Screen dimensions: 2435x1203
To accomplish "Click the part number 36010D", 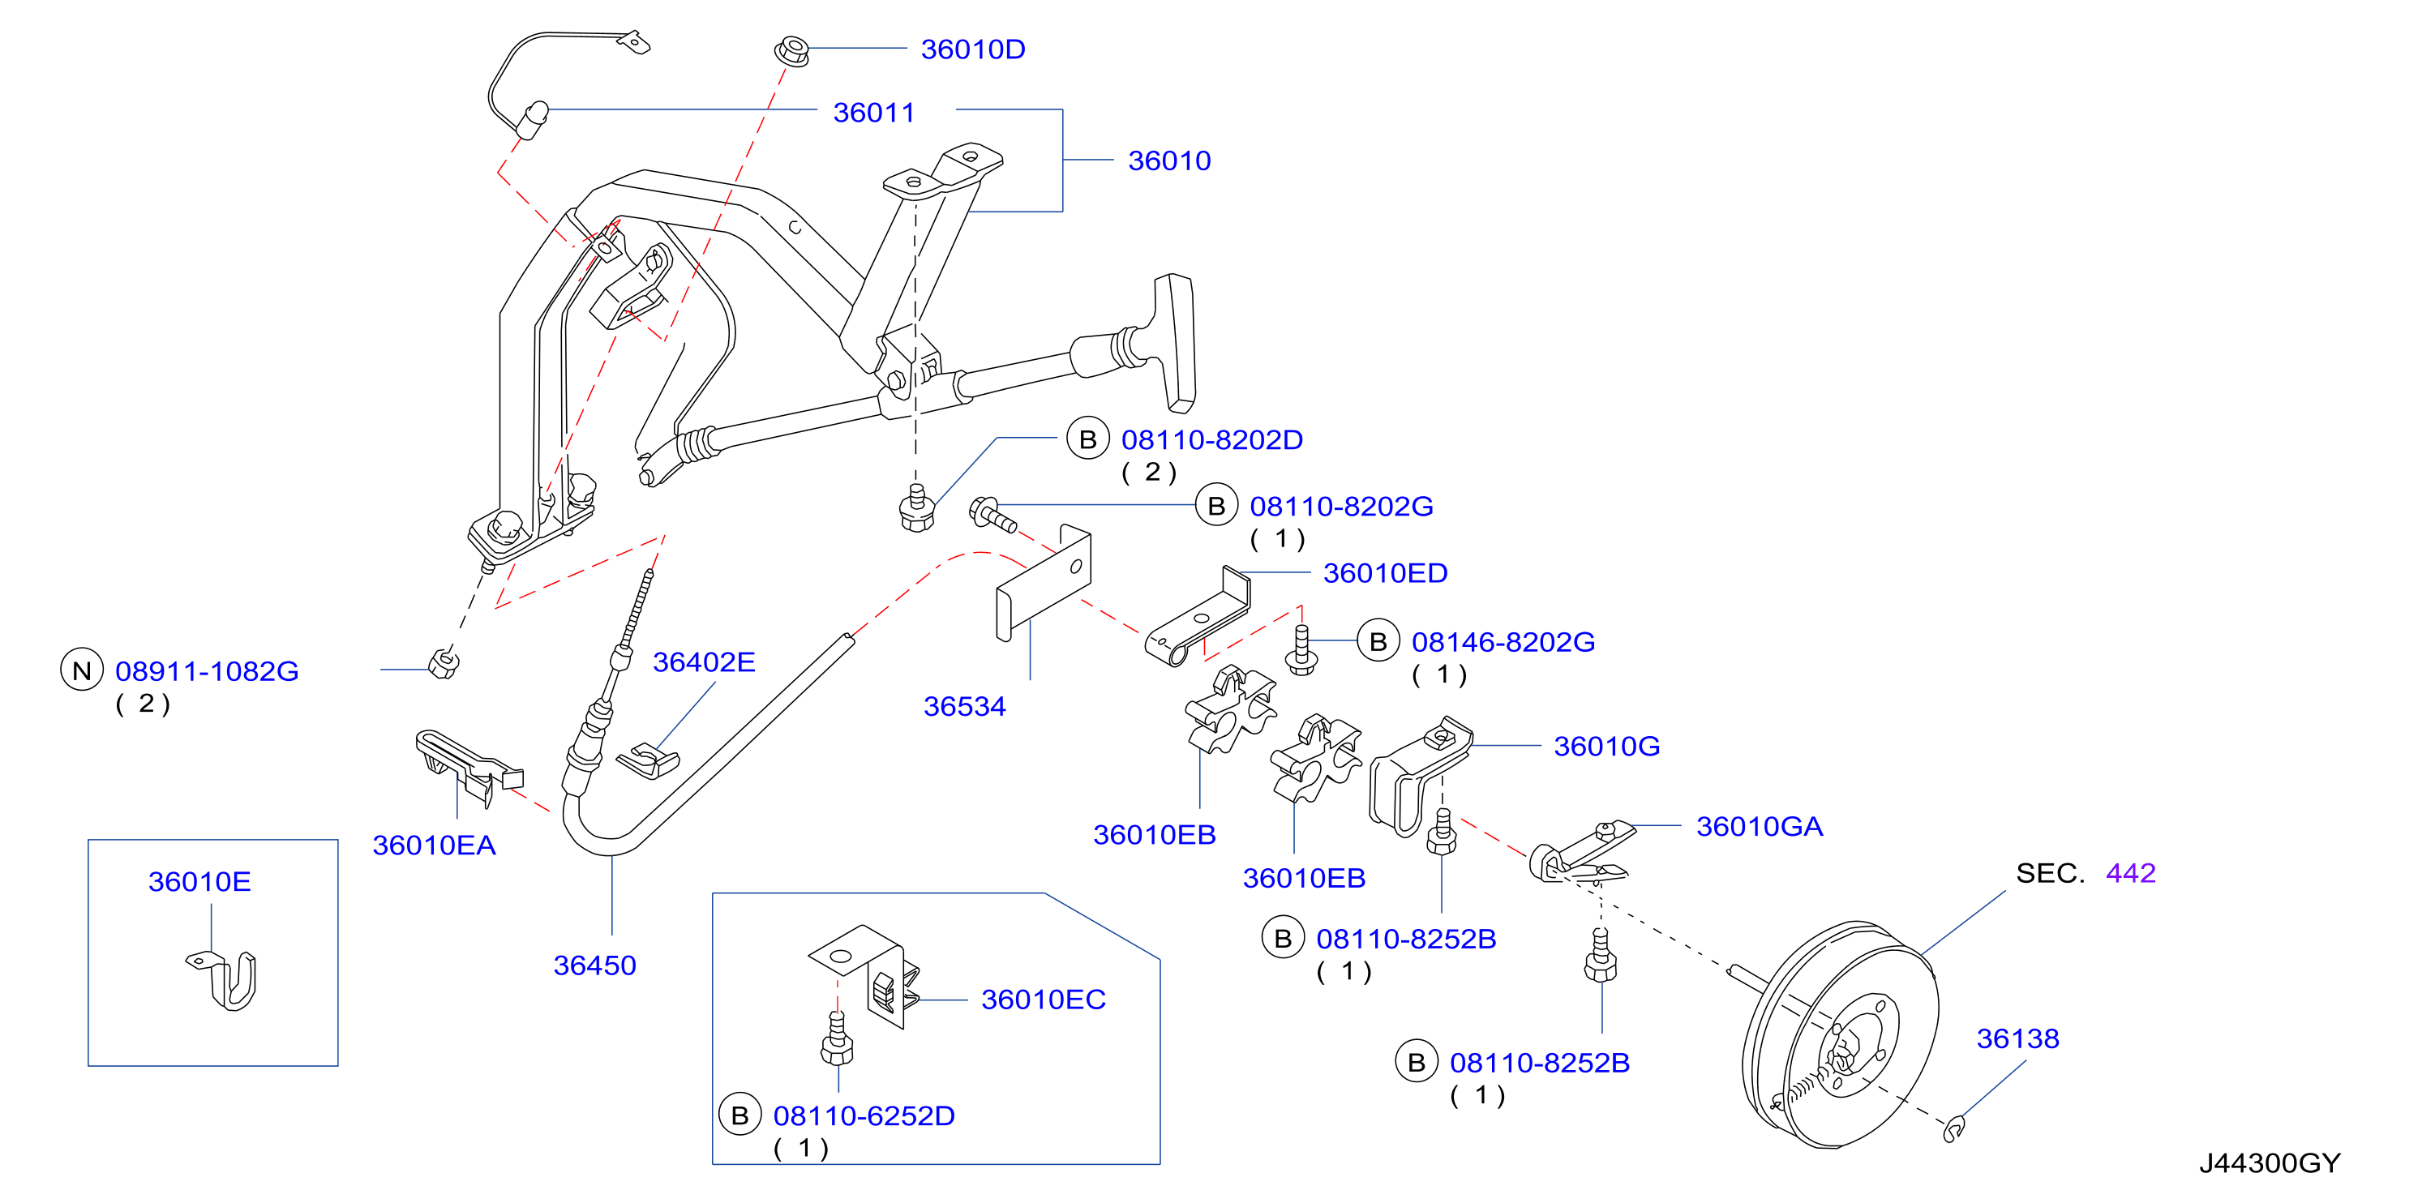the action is [x=973, y=49].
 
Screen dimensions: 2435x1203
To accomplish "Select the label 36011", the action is [x=873, y=113].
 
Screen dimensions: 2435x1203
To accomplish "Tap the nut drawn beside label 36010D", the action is [x=792, y=49].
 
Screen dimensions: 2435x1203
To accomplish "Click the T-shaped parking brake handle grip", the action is [x=1174, y=343].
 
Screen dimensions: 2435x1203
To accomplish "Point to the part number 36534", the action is [x=964, y=706].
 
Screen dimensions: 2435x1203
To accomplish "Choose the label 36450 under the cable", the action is [x=594, y=965].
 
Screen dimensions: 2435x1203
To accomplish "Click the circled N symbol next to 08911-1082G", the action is [x=82, y=670].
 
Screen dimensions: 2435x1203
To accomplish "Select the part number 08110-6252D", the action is [x=864, y=1115].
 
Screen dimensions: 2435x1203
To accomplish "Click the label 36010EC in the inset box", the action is [x=1044, y=999].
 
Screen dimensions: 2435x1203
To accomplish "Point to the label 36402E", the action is [x=704, y=661].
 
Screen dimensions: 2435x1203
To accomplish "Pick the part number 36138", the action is [x=2018, y=1038].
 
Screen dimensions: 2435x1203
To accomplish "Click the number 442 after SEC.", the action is [x=2131, y=872].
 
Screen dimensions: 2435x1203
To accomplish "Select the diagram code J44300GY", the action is [x=2270, y=1162].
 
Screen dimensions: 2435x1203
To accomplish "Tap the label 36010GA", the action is [x=1759, y=826].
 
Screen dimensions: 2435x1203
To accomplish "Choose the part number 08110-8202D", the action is [x=1212, y=439].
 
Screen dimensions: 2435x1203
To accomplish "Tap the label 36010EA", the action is [x=434, y=845].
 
